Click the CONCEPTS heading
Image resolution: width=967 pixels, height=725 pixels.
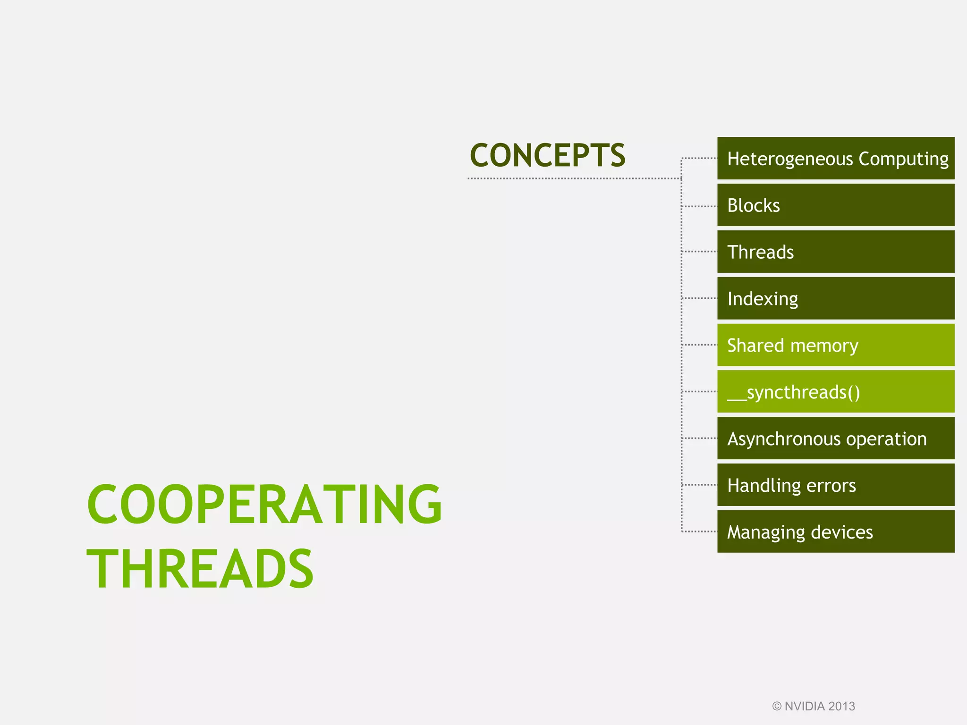[x=547, y=155]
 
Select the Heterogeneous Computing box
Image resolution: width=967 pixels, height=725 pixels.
[x=835, y=159]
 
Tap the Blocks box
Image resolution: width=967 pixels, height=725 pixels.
[x=835, y=205]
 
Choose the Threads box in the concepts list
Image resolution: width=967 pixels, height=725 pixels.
[x=835, y=252]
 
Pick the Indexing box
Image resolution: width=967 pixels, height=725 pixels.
[x=835, y=298]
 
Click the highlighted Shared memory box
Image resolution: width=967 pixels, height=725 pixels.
[x=835, y=345]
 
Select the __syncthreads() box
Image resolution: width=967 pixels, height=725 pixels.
[x=835, y=392]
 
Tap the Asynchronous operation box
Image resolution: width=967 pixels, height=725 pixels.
[x=835, y=438]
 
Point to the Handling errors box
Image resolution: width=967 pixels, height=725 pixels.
[x=835, y=485]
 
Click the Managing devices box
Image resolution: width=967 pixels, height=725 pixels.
[x=835, y=531]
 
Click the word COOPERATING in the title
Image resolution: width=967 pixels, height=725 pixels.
[x=264, y=504]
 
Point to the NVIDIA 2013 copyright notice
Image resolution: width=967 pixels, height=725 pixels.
[x=814, y=706]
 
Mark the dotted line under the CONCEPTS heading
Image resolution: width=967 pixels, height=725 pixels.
[x=574, y=178]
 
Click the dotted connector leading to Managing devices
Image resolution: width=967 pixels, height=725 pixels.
[x=699, y=531]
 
